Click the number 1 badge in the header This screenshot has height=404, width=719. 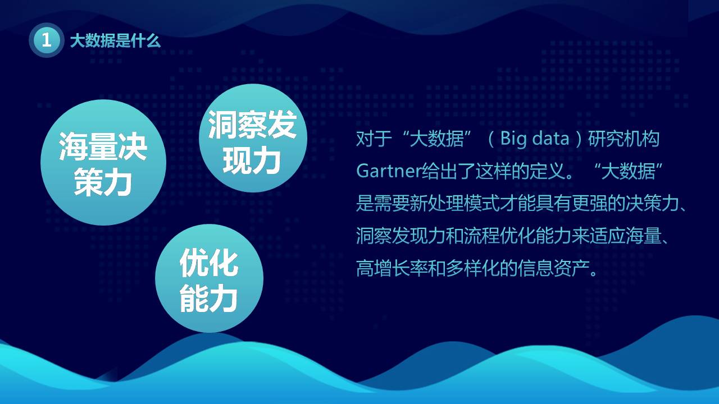tap(47, 40)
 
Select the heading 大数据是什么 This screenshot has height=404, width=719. tap(115, 40)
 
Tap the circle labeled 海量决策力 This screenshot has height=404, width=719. tap(103, 163)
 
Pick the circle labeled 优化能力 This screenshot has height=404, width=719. tap(209, 279)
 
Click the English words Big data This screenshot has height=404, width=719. tap(534, 139)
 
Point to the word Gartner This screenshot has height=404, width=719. tap(388, 171)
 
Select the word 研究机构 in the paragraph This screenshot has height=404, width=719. tap(624, 139)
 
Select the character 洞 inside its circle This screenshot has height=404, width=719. tap(222, 124)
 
